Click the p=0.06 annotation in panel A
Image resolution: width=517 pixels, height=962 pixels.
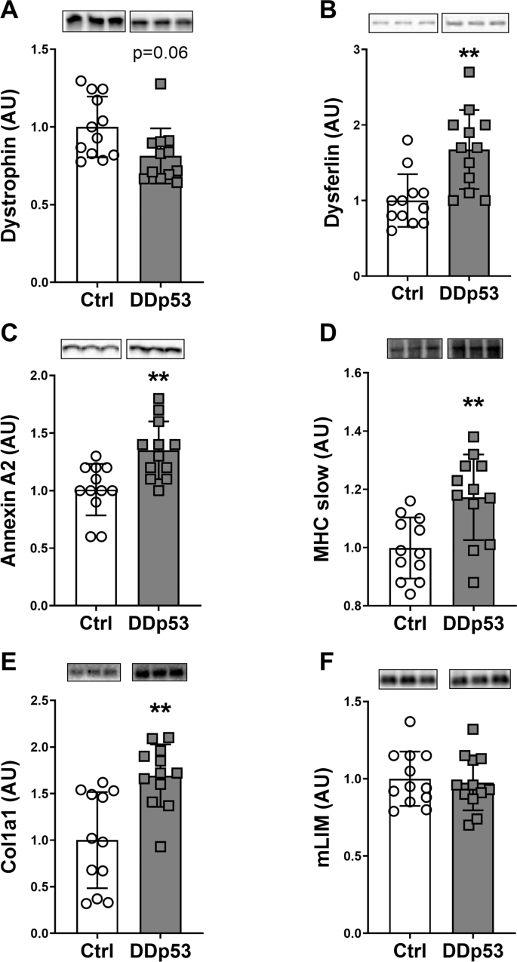[161, 54]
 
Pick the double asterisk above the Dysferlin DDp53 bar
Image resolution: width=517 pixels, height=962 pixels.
[460, 55]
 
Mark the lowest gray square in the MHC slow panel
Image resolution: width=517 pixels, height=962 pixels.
[453, 582]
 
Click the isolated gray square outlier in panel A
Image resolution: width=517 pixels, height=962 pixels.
[160, 84]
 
